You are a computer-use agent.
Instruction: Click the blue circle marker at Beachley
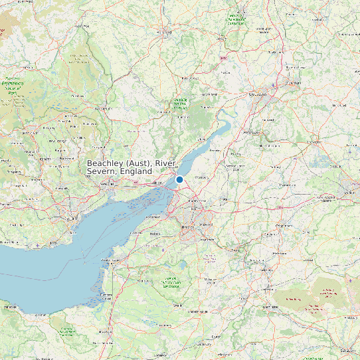tap(179, 179)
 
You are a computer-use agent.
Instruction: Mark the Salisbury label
tap(347, 349)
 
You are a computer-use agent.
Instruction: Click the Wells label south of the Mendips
tap(177, 306)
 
